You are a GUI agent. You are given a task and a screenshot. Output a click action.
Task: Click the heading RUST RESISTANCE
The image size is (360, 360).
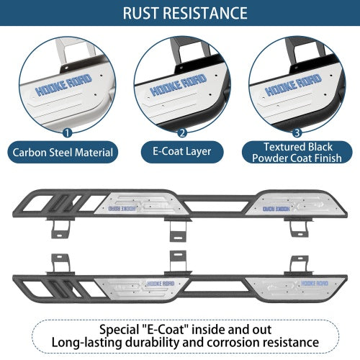click(x=185, y=13)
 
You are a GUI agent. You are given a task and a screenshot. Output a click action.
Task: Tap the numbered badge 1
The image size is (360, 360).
click(x=67, y=132)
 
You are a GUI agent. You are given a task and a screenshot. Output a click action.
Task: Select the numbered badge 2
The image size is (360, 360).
click(x=182, y=132)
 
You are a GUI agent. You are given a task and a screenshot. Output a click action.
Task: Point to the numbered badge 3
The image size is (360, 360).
click(x=297, y=132)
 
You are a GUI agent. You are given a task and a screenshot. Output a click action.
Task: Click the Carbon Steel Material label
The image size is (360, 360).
click(x=63, y=153)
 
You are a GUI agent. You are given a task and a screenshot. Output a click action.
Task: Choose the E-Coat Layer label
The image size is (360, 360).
click(x=182, y=152)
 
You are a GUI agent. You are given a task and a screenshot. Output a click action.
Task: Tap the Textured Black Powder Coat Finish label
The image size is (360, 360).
click(x=297, y=153)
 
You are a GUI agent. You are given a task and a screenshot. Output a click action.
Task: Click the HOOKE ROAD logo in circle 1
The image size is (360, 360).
click(x=63, y=85)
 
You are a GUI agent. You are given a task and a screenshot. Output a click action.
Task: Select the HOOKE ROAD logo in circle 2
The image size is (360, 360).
click(x=179, y=85)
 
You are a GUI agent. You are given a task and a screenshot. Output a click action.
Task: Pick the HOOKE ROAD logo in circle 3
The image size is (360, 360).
click(x=293, y=85)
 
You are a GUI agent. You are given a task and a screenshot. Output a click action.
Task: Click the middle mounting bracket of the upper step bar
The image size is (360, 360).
click(x=178, y=229)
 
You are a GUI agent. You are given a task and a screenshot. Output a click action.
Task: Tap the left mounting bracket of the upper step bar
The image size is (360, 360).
click(x=60, y=228)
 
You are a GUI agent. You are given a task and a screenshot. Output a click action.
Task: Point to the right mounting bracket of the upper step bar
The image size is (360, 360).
click(x=299, y=227)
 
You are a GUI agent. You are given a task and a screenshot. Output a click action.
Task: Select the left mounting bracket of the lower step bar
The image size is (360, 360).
click(x=60, y=264)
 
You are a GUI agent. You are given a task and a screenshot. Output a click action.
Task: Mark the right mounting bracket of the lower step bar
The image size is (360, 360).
click(x=299, y=266)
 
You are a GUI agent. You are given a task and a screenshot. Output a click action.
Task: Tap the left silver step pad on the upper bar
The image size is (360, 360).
click(x=141, y=203)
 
